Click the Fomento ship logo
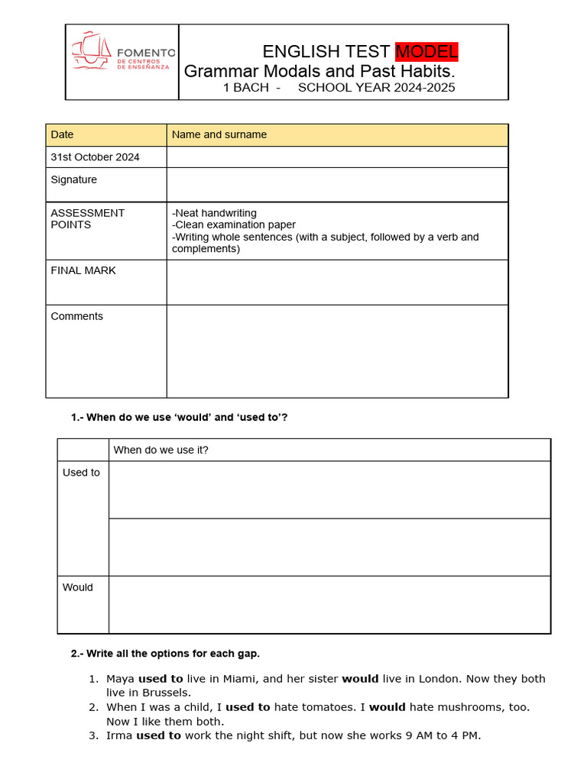point(92,50)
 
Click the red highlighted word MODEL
point(426,52)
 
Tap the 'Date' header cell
point(63,134)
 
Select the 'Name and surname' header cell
point(219,134)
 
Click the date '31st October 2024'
point(95,157)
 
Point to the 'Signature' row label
point(73,179)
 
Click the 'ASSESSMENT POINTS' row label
point(87,218)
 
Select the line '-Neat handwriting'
point(215,213)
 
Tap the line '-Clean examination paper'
point(234,225)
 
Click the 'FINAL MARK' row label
point(83,270)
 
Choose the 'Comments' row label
point(76,316)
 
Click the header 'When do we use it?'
point(161,450)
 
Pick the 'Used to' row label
point(81,473)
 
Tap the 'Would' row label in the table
point(78,587)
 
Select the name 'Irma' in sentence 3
point(119,735)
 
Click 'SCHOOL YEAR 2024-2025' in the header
point(376,88)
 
